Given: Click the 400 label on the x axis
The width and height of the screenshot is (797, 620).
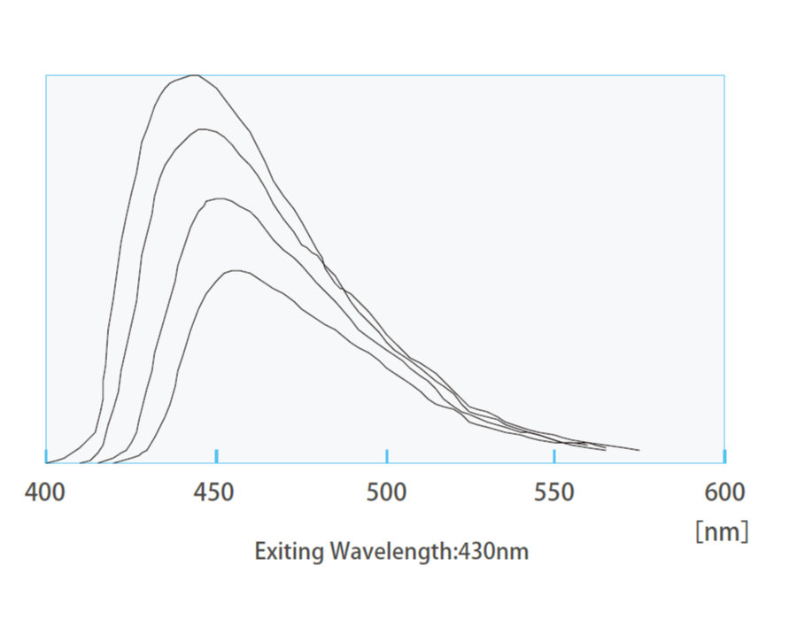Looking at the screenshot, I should (x=45, y=492).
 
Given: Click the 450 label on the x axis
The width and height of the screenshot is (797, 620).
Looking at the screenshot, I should (x=216, y=492).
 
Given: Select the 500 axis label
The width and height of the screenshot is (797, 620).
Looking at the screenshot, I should (x=386, y=492).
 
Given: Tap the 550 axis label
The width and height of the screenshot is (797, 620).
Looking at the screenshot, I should (x=554, y=492).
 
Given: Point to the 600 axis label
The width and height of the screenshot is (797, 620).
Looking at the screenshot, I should (x=724, y=492).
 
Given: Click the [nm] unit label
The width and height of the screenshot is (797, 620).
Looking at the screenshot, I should (x=722, y=531).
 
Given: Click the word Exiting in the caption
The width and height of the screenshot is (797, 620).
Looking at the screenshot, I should (x=290, y=552).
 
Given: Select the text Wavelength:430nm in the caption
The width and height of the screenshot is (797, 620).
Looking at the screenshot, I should (x=429, y=552).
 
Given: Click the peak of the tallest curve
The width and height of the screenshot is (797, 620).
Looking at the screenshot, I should (x=194, y=75).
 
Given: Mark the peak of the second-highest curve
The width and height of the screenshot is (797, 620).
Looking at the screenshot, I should (x=204, y=129).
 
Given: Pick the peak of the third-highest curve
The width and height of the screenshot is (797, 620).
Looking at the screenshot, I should (x=219, y=198).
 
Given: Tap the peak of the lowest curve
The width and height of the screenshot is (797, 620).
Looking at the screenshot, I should (x=236, y=271).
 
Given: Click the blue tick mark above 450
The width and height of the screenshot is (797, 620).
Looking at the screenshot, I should (x=216, y=456).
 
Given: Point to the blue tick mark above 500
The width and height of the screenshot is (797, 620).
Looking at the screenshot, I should (x=386, y=456).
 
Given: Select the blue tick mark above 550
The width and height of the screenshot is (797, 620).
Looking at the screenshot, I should (x=554, y=456).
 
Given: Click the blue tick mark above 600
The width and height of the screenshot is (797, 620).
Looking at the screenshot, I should (x=724, y=456).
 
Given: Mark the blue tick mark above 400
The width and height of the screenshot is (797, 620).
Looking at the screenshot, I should (x=46, y=456).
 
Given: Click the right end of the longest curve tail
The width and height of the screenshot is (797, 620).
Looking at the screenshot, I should (x=638, y=450).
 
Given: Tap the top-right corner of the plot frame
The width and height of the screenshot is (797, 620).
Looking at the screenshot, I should (x=724, y=75).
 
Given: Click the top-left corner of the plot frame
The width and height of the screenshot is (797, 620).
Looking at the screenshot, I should (x=46, y=75).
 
